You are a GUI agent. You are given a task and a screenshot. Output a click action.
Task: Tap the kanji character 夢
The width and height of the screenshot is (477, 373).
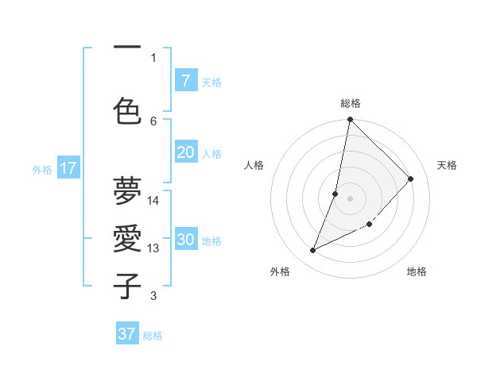click(127, 191)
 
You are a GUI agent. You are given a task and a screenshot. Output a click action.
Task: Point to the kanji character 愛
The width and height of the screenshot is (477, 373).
click(127, 239)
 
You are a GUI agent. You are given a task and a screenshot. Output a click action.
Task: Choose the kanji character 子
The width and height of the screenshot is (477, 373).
click(127, 286)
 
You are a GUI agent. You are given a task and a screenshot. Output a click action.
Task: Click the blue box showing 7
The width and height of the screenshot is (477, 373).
click(185, 80)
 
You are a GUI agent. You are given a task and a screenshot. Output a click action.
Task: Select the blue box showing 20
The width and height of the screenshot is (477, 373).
click(185, 152)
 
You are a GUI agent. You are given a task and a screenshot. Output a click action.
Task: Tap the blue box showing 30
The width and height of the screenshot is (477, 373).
click(185, 240)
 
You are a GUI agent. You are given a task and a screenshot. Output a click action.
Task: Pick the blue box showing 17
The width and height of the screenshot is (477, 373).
click(68, 168)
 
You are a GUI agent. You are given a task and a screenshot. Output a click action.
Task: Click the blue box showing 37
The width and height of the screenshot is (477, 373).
click(127, 334)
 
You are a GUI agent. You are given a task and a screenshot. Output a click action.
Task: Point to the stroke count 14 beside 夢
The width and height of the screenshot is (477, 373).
click(154, 201)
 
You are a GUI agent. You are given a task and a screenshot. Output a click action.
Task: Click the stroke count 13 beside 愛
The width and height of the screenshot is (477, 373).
click(154, 248)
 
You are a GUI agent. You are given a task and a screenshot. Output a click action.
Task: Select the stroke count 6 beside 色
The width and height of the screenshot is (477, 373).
click(153, 121)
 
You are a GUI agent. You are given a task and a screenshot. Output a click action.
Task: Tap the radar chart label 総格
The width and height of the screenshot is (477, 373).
click(351, 103)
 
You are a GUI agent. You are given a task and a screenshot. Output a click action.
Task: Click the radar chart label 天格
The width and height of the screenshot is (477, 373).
click(447, 165)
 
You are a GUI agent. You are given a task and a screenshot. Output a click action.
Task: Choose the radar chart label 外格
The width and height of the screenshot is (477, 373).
click(279, 271)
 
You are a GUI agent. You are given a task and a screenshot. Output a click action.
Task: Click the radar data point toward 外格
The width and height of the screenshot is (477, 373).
click(313, 251)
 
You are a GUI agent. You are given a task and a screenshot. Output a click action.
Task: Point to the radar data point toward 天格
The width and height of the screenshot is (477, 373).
click(411, 179)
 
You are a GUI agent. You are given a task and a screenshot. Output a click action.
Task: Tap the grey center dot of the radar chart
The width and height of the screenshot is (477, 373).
click(351, 198)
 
